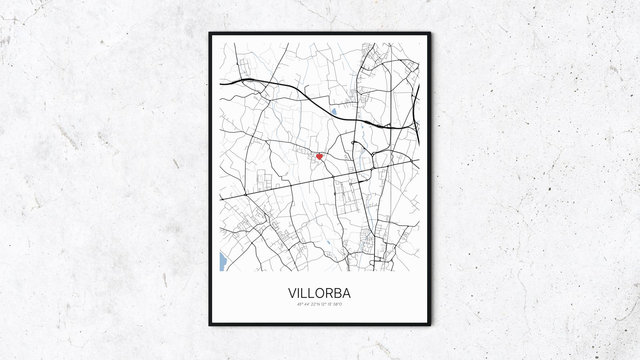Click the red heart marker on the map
319,156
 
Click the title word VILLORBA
319,293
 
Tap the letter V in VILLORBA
293,293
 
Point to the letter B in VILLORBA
338,293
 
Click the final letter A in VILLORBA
346,293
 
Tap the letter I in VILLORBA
301,293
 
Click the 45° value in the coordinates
300,304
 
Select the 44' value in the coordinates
306,304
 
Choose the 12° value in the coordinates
323,304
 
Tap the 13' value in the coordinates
330,304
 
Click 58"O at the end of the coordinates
337,304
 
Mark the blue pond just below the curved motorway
334,111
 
